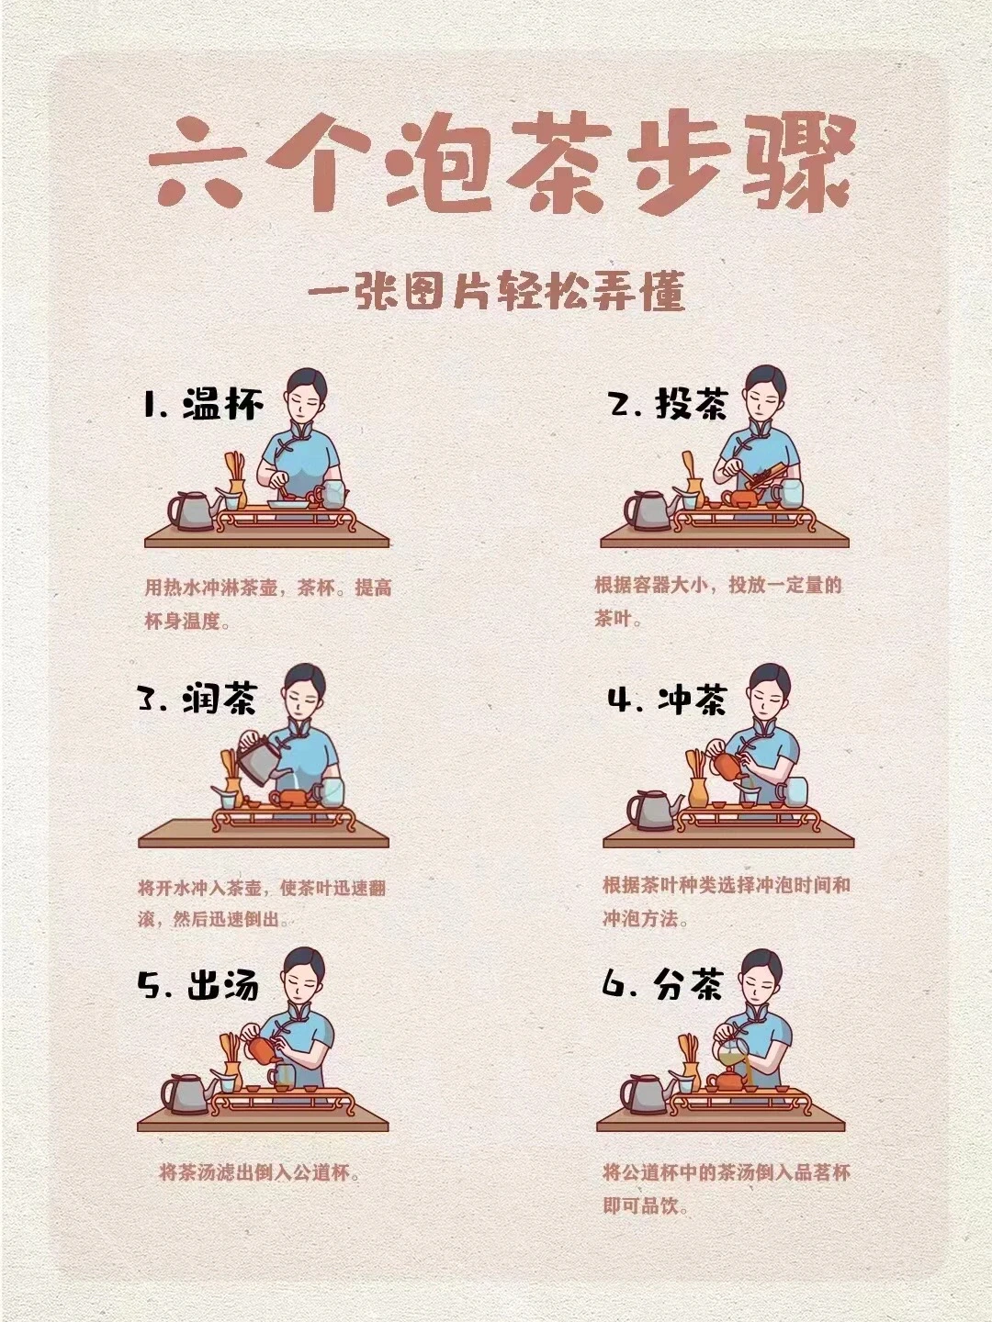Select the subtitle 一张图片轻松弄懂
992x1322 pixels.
point(496,293)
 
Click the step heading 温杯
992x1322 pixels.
point(223,404)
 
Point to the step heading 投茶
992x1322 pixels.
point(692,404)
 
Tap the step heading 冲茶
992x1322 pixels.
point(692,700)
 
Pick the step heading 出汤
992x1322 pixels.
point(223,985)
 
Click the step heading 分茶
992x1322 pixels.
point(689,985)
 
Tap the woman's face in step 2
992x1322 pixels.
point(761,398)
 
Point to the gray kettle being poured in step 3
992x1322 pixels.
point(258,758)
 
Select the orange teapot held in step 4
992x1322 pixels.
point(726,766)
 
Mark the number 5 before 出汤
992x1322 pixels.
point(150,985)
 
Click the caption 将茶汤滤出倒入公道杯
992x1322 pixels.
point(259,1172)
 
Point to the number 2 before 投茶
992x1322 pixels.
point(626,404)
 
